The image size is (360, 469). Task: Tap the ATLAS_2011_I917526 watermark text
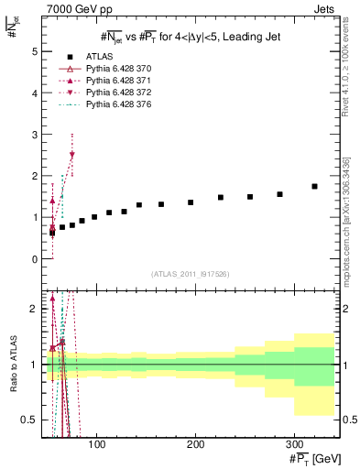tap(189, 274)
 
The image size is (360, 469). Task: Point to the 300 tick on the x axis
tap(293, 442)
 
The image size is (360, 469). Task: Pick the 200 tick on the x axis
tap(195, 442)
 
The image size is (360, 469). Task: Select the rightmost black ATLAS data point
tap(314, 186)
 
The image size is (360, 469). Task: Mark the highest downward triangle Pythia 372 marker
tap(72, 155)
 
